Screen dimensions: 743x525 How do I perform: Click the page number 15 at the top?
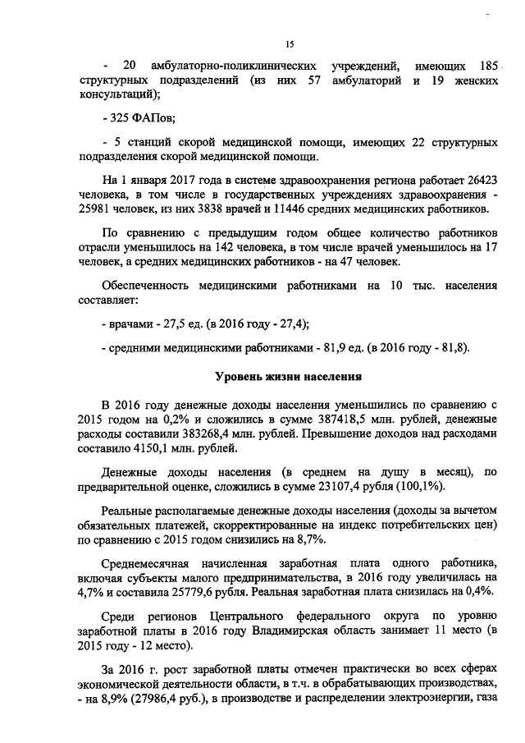pyautogui.click(x=290, y=44)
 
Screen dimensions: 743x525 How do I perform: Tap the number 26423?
pyautogui.click(x=480, y=177)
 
